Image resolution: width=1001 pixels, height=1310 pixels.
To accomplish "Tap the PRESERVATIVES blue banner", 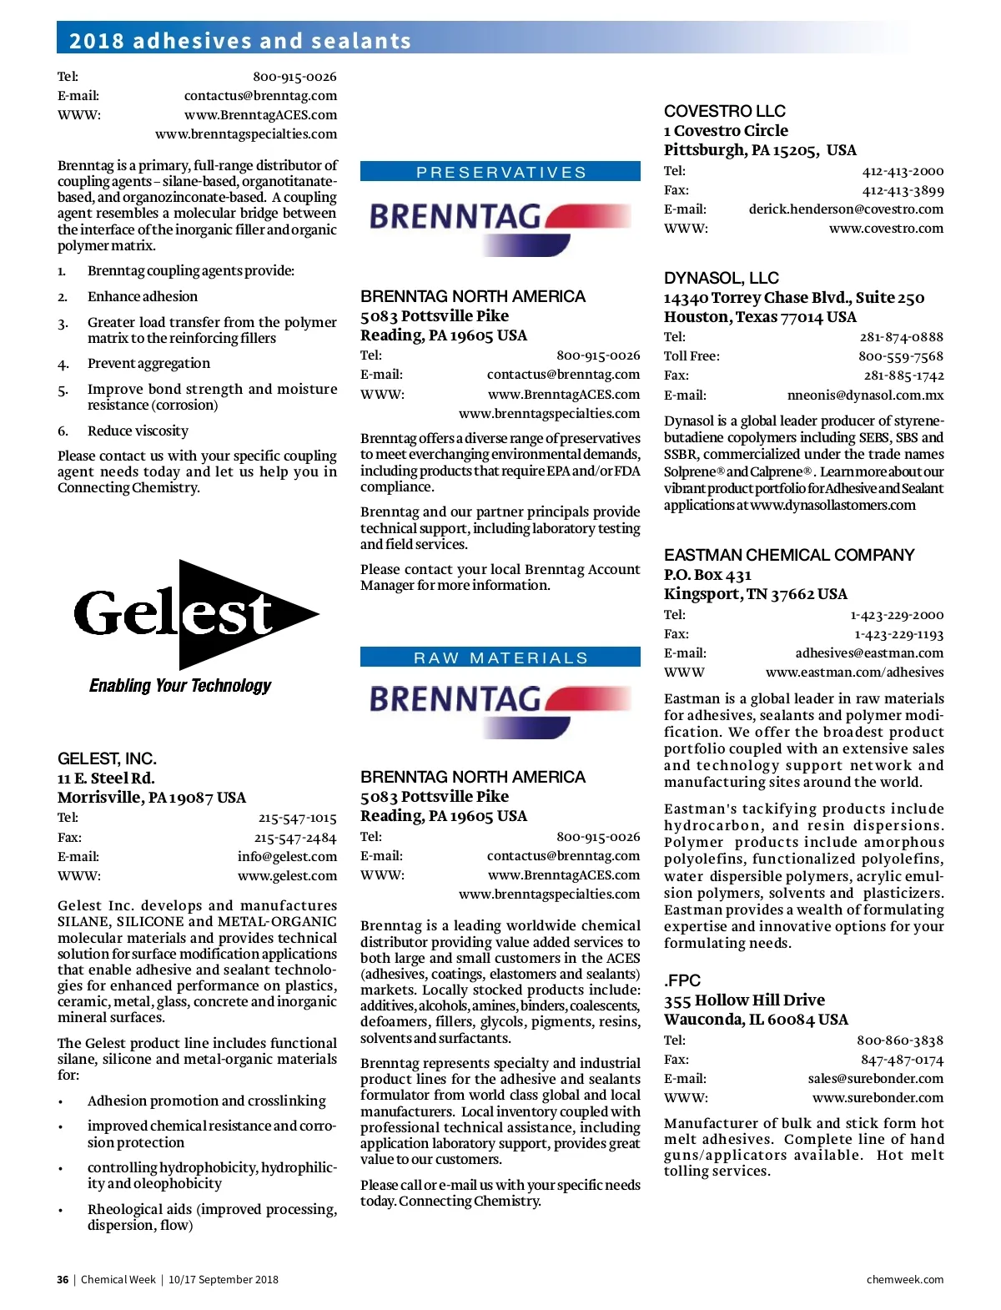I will (500, 172).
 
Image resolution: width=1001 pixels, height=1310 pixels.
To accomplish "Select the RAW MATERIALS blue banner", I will (500, 658).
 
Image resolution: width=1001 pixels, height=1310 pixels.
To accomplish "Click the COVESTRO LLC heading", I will (724, 111).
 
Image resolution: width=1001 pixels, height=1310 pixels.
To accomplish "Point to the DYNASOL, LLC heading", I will (721, 278).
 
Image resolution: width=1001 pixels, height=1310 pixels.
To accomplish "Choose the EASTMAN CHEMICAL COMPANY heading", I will (788, 555).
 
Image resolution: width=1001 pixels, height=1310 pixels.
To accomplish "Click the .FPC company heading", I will (682, 980).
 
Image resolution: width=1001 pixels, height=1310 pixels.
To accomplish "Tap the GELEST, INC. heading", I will (107, 758).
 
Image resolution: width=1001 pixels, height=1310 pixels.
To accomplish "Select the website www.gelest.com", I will (287, 876).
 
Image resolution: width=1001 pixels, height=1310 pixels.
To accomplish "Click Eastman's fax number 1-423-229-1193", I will (898, 634).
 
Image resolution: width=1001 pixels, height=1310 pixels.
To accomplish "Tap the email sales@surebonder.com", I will (875, 1079).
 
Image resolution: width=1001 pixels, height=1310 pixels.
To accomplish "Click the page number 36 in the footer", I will (63, 1280).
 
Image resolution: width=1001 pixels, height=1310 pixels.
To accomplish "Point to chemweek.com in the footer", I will (904, 1280).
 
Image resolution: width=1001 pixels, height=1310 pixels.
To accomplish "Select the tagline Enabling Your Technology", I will (180, 686).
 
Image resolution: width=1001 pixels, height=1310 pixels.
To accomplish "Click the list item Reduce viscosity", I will (138, 431).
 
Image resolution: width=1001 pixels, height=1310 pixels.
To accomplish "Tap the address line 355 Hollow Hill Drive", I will (743, 1000).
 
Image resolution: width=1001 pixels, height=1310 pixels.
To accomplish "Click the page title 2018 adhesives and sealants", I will (240, 41).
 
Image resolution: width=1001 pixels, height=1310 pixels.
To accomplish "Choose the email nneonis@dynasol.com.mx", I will (865, 396).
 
